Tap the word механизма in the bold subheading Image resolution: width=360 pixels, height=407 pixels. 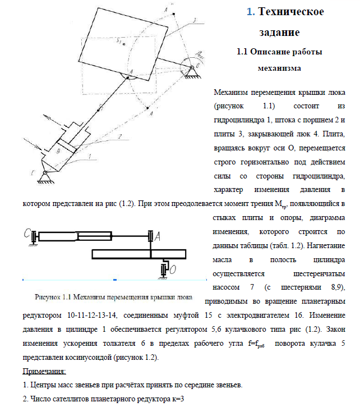pyautogui.click(x=279, y=68)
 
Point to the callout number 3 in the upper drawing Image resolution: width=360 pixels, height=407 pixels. pyautogui.click(x=194, y=20)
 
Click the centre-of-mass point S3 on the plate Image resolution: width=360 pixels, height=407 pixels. pyautogui.click(x=119, y=42)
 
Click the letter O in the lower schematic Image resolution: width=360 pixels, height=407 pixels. pyautogui.click(x=173, y=270)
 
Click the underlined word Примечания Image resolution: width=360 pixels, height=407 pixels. pyautogui.click(x=44, y=372)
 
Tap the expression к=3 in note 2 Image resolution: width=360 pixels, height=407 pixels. pyautogui.click(x=176, y=398)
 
